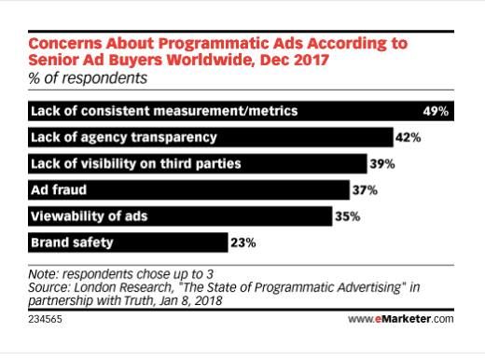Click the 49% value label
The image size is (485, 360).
click(436, 111)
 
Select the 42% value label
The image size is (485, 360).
click(408, 138)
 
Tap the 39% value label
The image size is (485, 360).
click(382, 164)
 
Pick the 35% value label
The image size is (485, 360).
click(345, 217)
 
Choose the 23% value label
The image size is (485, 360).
click(242, 243)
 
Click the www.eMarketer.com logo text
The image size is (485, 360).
click(400, 319)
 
